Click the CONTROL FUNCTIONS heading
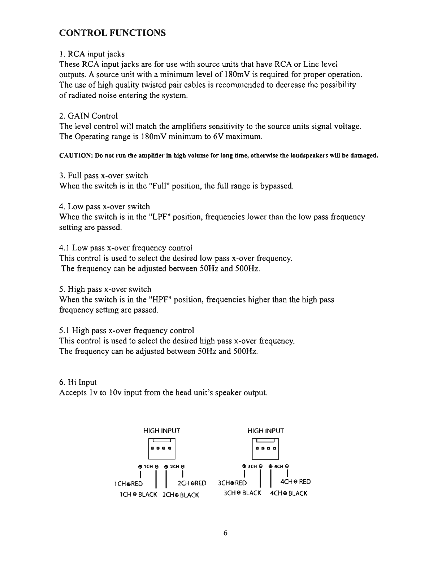tap(112, 33)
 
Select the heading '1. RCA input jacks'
tap(92, 54)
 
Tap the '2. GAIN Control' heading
tap(88, 116)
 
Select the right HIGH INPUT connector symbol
tap(265, 448)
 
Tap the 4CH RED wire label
tap(295, 482)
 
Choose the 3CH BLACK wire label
tap(242, 493)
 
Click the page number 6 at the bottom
tap(225, 533)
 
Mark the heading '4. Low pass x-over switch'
tap(104, 207)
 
